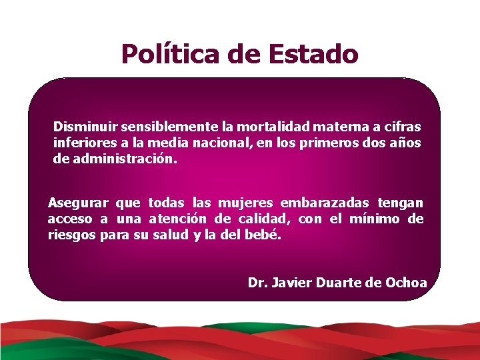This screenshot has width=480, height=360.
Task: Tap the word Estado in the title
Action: coord(313,54)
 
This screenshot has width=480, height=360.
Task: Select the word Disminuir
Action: coord(81,126)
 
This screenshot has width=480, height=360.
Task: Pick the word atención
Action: coord(178,219)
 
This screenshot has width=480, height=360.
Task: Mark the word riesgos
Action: coord(71,235)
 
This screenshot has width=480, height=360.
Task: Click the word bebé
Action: coord(266,235)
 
